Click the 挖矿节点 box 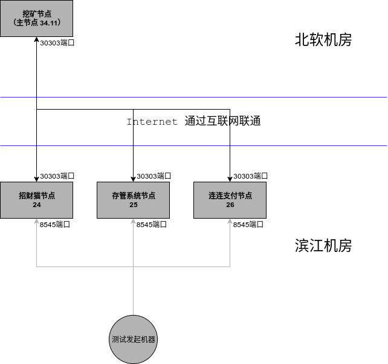(36, 18)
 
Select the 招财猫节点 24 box (36, 200)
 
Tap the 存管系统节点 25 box (133, 200)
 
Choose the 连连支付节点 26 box (230, 200)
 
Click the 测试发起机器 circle (133, 339)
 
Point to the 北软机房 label (323, 40)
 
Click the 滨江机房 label (323, 246)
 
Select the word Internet (152, 122)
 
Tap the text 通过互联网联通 (222, 121)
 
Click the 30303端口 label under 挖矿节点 (57, 43)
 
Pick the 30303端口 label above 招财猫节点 (57, 176)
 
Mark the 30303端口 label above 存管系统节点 (154, 176)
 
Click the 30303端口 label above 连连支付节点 (250, 176)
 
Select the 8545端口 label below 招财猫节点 (55, 224)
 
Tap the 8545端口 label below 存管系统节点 (152, 224)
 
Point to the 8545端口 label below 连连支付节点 (248, 224)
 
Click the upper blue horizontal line (302, 97)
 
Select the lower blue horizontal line (302, 145)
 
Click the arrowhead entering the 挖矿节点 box (36, 40)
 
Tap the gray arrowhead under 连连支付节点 (230, 222)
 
